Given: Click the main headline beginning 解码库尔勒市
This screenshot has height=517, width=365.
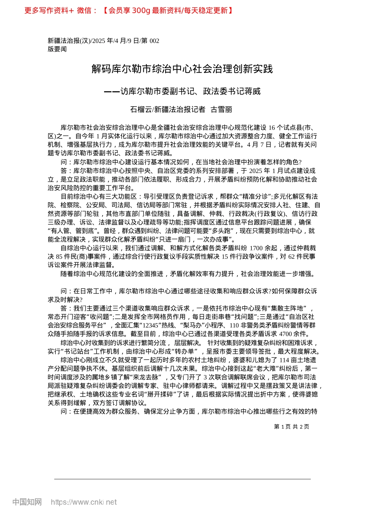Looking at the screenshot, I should (x=182, y=69).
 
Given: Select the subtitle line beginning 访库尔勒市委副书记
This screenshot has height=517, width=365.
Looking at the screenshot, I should (x=190, y=92).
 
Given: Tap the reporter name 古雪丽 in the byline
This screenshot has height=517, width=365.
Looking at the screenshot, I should (x=222, y=110).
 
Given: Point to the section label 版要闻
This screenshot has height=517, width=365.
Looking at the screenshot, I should (x=57, y=49).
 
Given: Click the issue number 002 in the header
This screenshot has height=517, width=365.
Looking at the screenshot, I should (x=154, y=41).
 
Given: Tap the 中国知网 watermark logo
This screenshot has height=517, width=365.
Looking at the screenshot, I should (x=27, y=502).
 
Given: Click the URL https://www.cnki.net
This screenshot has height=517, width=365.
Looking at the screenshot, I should (x=83, y=502).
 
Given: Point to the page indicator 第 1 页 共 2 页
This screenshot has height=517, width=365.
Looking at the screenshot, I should (x=291, y=427).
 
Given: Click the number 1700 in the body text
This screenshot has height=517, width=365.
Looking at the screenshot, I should (x=257, y=248).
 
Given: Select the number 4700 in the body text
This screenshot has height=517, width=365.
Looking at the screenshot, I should (x=285, y=334).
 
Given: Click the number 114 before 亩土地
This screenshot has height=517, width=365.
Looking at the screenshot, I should (x=284, y=360).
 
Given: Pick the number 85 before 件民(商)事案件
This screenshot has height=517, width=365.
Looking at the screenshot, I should (x=59, y=257).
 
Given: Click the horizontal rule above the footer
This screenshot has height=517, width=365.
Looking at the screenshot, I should (x=182, y=479).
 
